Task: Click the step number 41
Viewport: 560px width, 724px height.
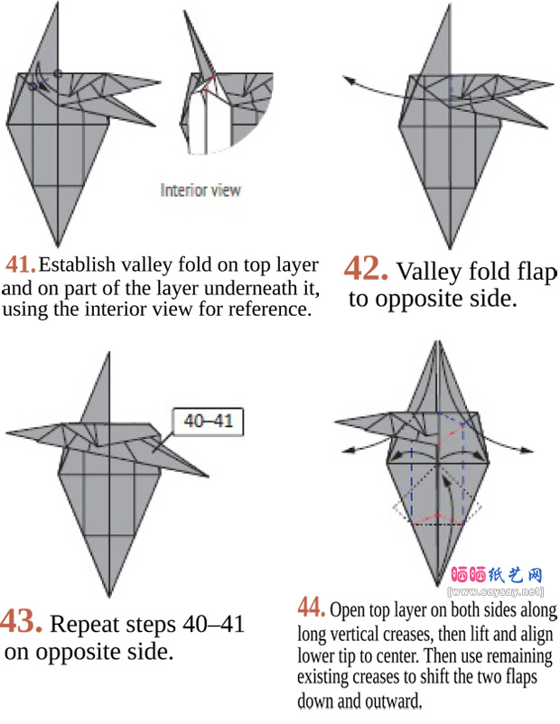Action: (21, 265)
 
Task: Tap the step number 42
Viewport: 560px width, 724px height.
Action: (366, 268)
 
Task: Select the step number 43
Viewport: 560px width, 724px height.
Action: (22, 621)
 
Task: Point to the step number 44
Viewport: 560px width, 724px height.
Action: (312, 608)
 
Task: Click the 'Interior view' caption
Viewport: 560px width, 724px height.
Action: (201, 190)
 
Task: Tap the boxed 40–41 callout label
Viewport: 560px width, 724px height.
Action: (208, 422)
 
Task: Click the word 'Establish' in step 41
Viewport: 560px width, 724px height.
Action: (77, 265)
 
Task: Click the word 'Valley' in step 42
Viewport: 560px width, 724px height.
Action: (429, 272)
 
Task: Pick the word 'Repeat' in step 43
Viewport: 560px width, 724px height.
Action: (84, 625)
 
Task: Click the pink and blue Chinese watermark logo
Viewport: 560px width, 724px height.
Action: (497, 574)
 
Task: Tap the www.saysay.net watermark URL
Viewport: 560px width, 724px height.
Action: (496, 591)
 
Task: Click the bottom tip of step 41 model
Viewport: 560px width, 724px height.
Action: (58, 247)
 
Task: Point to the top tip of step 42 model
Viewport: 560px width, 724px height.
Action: (450, 5)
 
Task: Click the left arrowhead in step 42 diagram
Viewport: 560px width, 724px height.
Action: (348, 79)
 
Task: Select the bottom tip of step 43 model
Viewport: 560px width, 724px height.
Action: (109, 598)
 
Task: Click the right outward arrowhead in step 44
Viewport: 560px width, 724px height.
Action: (528, 450)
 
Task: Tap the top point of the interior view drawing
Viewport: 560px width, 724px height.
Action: (185, 12)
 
